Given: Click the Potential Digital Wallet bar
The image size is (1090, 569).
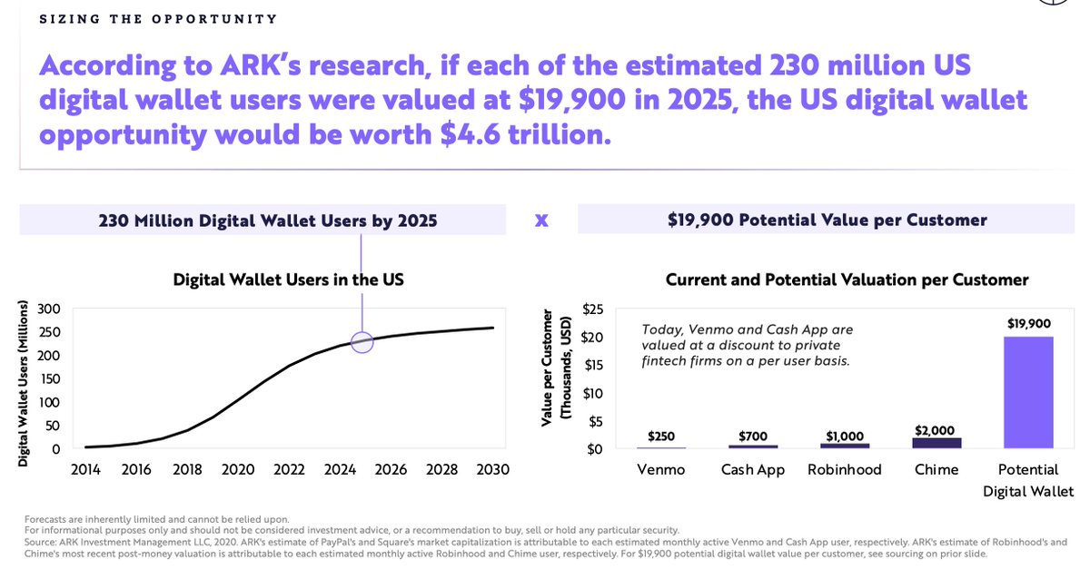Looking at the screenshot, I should coord(1028,392).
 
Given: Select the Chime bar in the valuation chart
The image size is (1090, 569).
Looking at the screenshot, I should coord(936,442).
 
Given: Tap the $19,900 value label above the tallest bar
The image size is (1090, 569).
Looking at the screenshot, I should coord(1028,323).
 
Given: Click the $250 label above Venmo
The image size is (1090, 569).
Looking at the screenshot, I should coord(660,437).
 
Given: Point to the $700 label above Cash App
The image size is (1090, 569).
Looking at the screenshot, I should coord(753,437).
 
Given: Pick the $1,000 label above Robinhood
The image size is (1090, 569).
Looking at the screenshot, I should coord(845,436).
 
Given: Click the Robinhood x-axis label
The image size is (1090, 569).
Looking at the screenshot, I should coord(845,469).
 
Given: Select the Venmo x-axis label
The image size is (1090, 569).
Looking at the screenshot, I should coord(660,469).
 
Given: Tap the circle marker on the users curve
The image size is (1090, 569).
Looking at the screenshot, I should coord(362,342).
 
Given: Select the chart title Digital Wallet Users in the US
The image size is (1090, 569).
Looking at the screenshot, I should coord(288,280).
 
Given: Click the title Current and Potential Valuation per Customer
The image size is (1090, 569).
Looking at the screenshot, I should coord(847,280).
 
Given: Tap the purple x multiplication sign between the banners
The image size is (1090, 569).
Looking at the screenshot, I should coord(541,220).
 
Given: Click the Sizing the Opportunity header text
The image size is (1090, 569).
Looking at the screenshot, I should coord(158,18).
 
